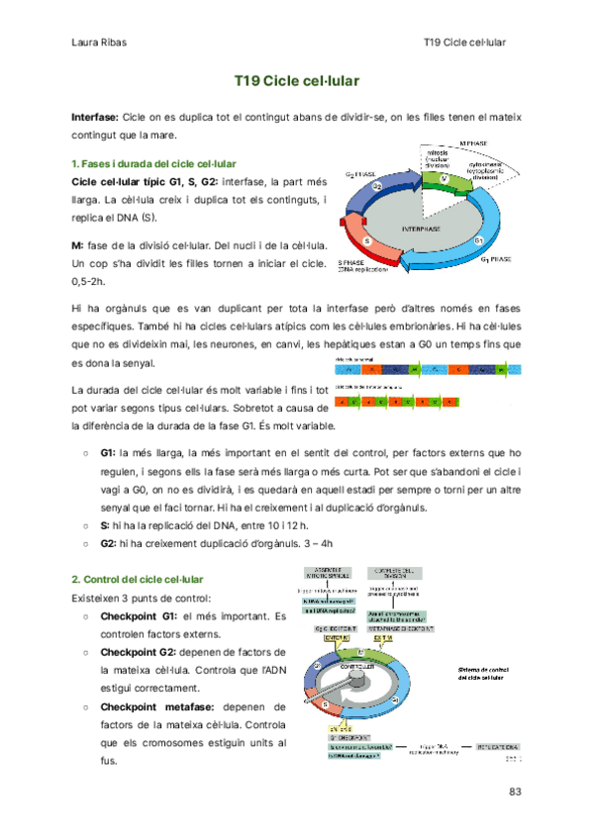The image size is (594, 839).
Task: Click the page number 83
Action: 514,791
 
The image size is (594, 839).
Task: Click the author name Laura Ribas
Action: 98,44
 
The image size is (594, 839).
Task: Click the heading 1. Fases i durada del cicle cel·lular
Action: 154,163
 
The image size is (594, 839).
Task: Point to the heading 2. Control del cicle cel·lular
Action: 139,578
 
